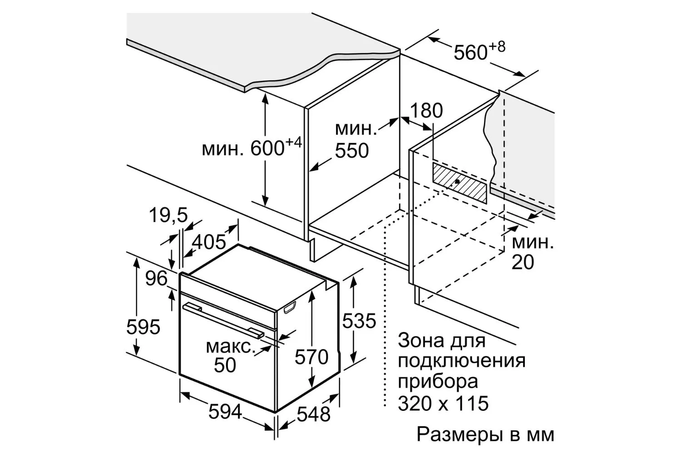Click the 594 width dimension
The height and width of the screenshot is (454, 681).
tap(225, 412)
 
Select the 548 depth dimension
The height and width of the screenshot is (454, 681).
tap(313, 414)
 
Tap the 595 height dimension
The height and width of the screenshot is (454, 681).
tap(143, 327)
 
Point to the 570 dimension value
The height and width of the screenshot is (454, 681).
tap(311, 357)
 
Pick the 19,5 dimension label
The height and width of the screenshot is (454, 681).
tap(168, 215)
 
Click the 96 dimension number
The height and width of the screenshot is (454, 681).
tap(156, 278)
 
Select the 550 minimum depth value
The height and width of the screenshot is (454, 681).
tap(352, 151)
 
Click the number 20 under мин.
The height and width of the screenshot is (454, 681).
tap(523, 262)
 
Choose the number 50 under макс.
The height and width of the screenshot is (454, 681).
tap(225, 365)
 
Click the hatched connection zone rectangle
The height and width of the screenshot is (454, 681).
tap(459, 183)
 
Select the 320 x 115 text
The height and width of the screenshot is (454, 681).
tap(443, 404)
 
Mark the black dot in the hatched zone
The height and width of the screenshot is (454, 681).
tap(457, 182)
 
